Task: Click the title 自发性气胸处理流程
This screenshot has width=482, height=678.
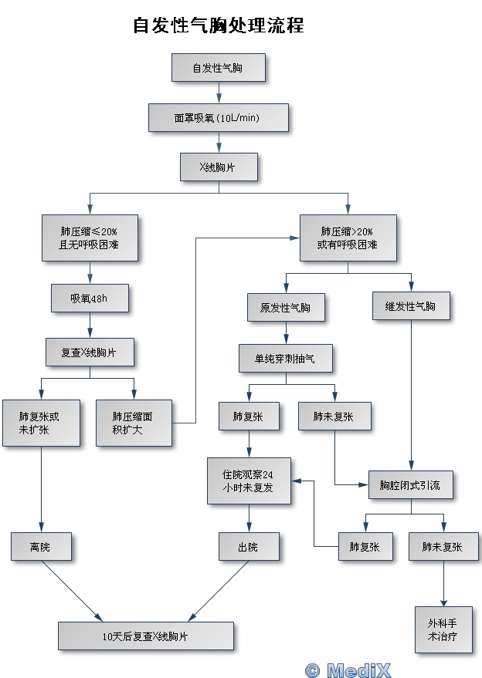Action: pyautogui.click(x=218, y=25)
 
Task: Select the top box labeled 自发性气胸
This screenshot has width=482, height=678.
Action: pyautogui.click(x=218, y=68)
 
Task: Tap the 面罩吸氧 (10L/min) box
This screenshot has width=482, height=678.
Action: pyautogui.click(x=218, y=118)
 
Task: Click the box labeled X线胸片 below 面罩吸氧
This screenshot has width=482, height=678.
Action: pyautogui.click(x=218, y=167)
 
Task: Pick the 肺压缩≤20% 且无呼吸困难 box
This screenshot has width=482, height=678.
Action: pyautogui.click(x=90, y=238)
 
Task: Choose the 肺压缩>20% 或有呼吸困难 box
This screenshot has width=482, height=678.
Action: pyautogui.click(x=348, y=238)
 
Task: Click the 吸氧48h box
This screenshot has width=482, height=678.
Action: pyautogui.click(x=90, y=298)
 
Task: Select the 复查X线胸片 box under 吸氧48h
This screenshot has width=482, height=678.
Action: pyautogui.click(x=90, y=352)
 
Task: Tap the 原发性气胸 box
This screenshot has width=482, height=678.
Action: pyautogui.click(x=286, y=307)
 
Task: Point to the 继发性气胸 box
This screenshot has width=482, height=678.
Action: pyautogui.click(x=410, y=306)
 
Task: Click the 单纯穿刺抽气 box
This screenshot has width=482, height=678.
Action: pyautogui.click(x=286, y=358)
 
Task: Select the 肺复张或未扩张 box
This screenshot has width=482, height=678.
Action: pyautogui.click(x=40, y=423)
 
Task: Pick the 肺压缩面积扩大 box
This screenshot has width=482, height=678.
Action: pyautogui.click(x=134, y=423)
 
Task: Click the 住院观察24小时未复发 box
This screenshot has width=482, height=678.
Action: pyautogui.click(x=249, y=481)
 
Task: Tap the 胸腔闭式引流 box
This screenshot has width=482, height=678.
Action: pyautogui.click(x=410, y=484)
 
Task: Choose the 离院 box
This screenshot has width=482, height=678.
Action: pyautogui.click(x=40, y=546)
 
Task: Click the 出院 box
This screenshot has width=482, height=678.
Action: pyautogui.click(x=249, y=546)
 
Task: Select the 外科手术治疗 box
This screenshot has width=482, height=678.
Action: pyautogui.click(x=443, y=629)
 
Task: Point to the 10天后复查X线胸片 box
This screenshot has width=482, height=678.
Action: pyautogui.click(x=146, y=636)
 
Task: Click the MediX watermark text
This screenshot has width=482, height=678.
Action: pyautogui.click(x=348, y=670)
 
